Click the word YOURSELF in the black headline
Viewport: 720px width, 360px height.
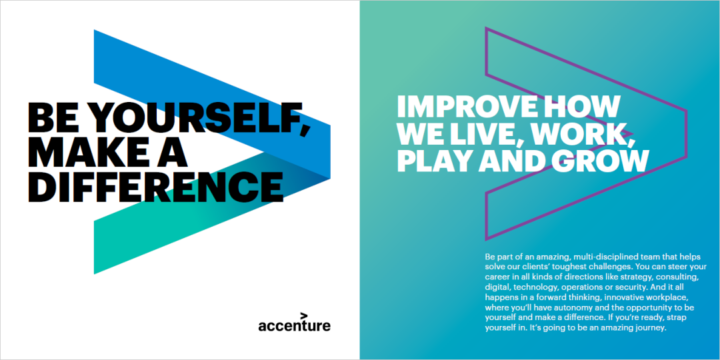(199, 117)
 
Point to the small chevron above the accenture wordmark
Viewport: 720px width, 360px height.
(304, 315)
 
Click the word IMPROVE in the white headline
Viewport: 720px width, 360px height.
(467, 107)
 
